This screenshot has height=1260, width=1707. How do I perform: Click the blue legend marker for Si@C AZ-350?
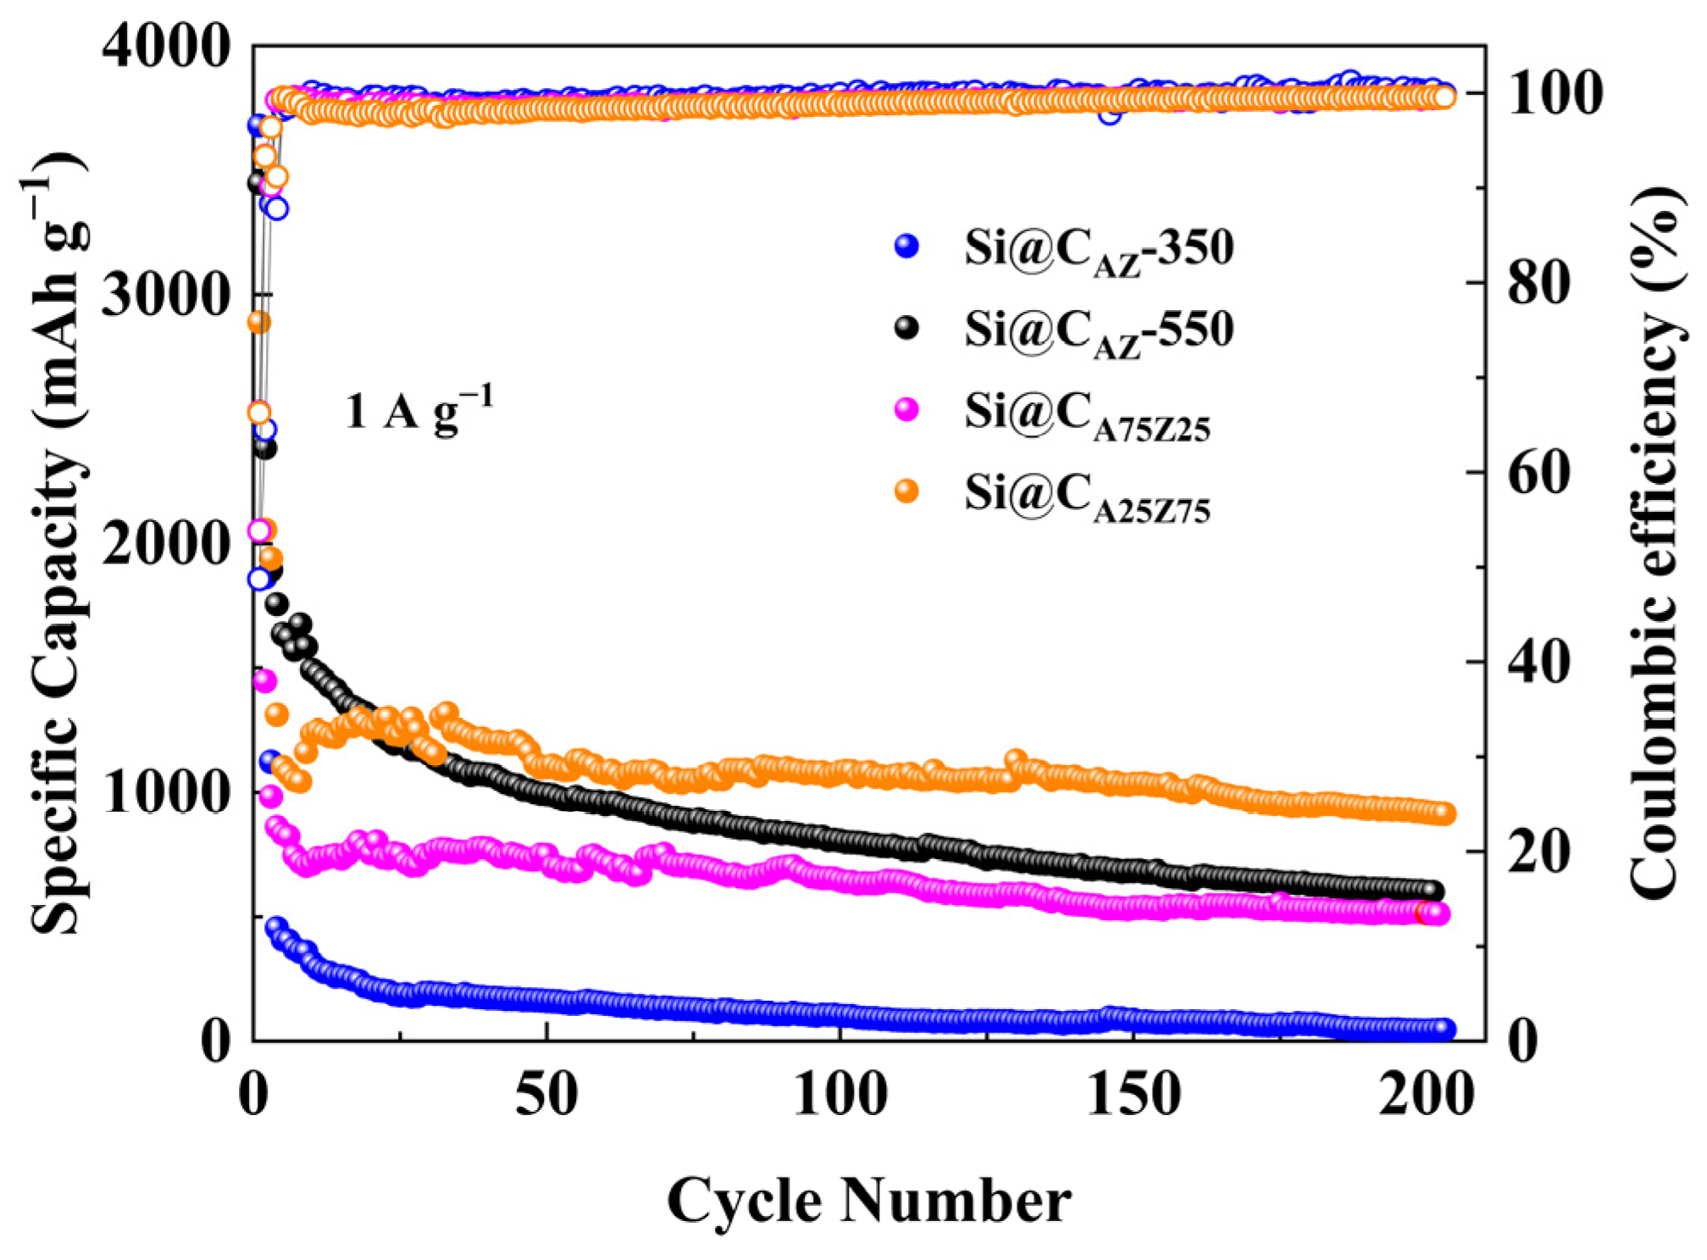[906, 247]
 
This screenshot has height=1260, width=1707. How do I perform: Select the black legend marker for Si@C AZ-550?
[906, 328]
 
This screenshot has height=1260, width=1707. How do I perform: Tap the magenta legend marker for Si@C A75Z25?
[906, 410]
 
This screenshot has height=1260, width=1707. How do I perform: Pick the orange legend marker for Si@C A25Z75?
[906, 491]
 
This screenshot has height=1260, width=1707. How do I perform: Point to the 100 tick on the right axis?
[1555, 93]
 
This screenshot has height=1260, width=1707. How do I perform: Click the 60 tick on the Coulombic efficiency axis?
[1538, 472]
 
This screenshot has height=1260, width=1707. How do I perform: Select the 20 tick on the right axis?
[1538, 851]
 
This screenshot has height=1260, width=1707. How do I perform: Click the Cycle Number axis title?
[868, 1201]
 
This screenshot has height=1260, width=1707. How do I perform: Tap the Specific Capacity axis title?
[58, 542]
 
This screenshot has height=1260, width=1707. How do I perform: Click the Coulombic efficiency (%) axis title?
[1653, 542]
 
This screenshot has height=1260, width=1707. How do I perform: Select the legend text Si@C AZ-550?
[1099, 330]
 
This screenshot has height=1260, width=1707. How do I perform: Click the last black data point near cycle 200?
[1433, 891]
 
